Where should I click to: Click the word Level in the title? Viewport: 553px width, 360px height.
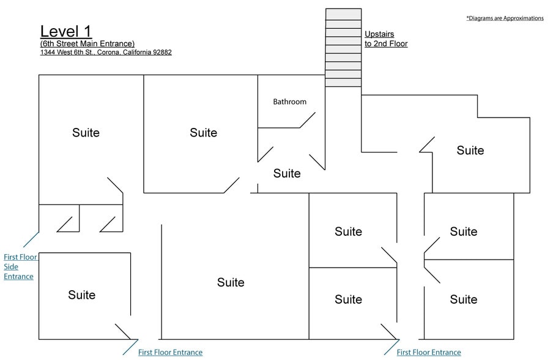(59, 31)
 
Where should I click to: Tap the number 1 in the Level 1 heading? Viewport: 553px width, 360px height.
(87, 31)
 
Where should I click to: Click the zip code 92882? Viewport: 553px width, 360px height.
(162, 52)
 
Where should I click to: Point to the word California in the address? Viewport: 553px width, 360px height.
(137, 52)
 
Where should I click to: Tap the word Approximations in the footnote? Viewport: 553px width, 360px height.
(524, 18)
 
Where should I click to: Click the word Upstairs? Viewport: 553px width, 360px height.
(379, 34)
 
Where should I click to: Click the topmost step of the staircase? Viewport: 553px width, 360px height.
(343, 14)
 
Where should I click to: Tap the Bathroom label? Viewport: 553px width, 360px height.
(289, 102)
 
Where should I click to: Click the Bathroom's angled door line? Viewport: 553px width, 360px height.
(307, 120)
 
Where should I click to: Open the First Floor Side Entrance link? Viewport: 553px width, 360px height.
(20, 267)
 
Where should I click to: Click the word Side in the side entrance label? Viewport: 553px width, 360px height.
(11, 267)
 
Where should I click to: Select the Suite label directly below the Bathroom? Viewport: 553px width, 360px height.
(287, 173)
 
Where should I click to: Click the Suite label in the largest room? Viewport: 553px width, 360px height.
(231, 282)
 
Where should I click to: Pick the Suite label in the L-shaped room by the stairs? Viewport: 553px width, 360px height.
(470, 151)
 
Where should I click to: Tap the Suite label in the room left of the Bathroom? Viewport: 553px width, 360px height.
(203, 133)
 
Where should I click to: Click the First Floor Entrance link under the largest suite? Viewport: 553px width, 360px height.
(170, 352)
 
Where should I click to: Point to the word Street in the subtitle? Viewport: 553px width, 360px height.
(68, 43)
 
